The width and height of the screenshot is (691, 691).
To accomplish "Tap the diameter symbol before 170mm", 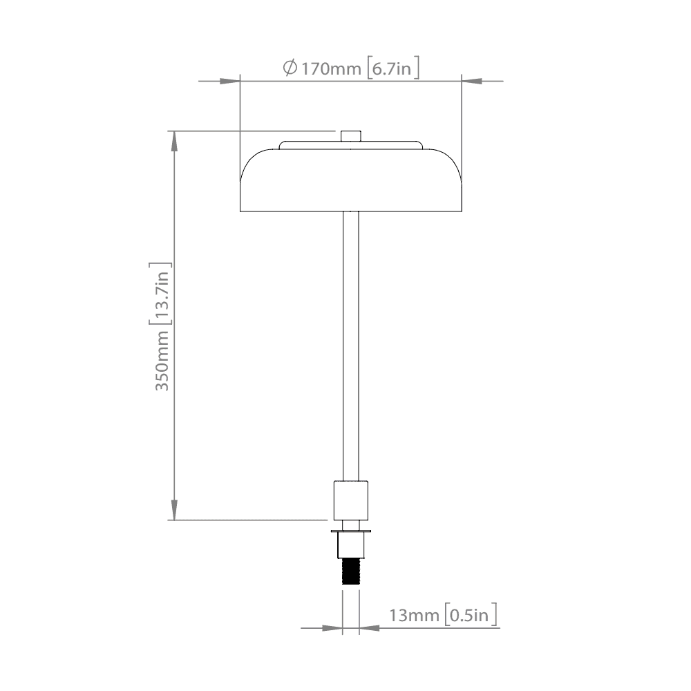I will pyautogui.click(x=290, y=68).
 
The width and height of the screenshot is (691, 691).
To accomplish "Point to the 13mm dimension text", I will pyautogui.click(x=414, y=615).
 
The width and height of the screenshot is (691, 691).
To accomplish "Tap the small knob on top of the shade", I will pyautogui.click(x=351, y=135).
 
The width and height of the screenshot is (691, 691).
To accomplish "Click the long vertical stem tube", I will pyautogui.click(x=351, y=345).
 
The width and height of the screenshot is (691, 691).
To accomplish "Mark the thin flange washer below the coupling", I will pyautogui.click(x=351, y=531).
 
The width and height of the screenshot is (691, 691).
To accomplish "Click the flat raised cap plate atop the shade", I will pyautogui.click(x=351, y=145).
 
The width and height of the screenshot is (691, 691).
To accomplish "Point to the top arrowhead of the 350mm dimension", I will pyautogui.click(x=174, y=138).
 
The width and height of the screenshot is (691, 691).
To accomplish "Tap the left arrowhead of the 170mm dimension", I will pyautogui.click(x=231, y=82).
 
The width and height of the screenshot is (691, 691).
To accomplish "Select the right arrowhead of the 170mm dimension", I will pyautogui.click(x=470, y=82).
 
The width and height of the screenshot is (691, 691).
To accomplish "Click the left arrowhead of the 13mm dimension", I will pyautogui.click(x=334, y=628).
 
